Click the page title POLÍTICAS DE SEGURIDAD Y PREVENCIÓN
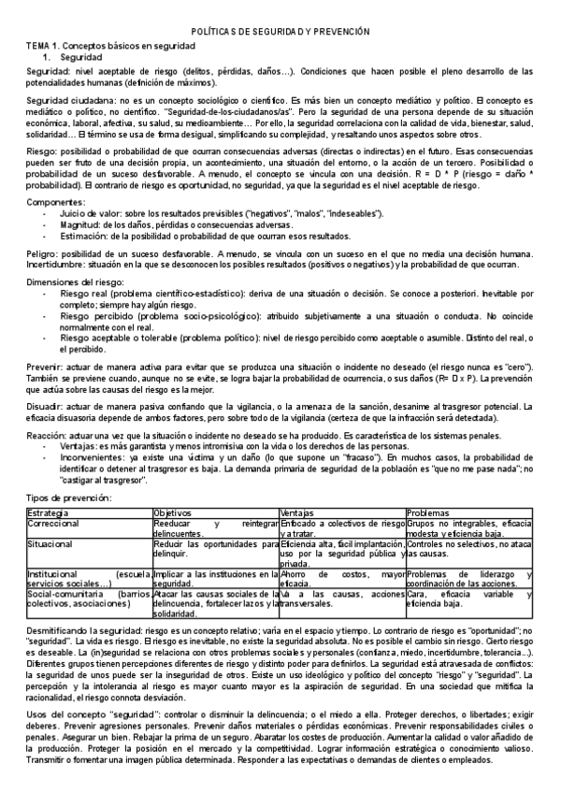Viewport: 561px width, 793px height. click(x=280, y=32)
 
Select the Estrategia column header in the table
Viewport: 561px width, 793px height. click(x=49, y=513)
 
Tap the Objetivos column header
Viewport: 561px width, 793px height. click(x=174, y=513)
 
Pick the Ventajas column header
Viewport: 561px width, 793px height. click(x=298, y=513)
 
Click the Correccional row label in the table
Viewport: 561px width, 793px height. click(x=55, y=524)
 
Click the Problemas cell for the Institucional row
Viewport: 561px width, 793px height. click(x=467, y=579)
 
